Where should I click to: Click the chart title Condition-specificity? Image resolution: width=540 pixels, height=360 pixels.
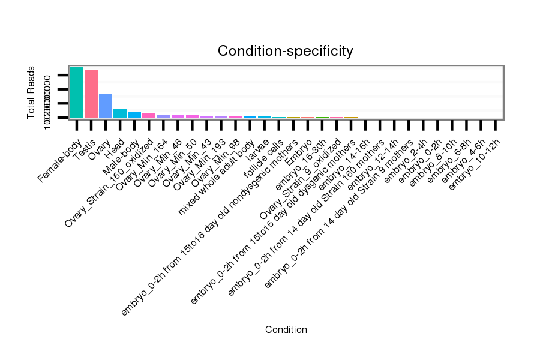click(285, 51)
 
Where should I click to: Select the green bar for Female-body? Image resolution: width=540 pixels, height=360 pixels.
click(76, 92)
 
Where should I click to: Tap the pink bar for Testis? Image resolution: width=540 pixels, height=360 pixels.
click(91, 94)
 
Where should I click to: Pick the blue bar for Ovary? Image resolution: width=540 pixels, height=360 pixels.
click(106, 106)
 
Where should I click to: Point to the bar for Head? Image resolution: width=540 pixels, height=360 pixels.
click(120, 113)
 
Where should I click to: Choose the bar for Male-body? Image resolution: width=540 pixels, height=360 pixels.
click(134, 115)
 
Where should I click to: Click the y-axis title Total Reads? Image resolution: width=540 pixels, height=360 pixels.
click(31, 92)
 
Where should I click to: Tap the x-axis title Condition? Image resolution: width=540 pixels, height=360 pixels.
click(286, 329)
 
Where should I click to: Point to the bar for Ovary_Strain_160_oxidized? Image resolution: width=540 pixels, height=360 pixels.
click(149, 115)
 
